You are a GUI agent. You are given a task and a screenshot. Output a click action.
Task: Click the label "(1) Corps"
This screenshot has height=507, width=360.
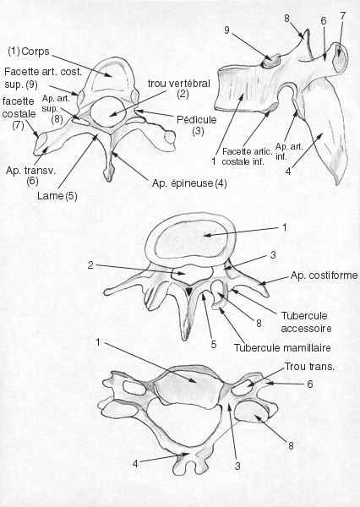click(29, 52)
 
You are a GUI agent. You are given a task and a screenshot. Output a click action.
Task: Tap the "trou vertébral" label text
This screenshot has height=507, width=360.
click(179, 84)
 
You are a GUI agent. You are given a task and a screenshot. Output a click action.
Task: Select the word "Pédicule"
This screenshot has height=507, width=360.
click(197, 120)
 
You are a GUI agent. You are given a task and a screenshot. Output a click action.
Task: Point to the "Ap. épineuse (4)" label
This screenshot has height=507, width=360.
click(189, 183)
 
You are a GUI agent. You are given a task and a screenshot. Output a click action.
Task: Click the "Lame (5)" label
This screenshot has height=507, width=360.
click(57, 196)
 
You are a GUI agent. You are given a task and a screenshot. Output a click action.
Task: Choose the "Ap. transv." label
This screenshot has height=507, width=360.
click(30, 171)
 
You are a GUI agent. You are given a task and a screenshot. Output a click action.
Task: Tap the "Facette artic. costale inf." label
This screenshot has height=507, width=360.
click(247, 156)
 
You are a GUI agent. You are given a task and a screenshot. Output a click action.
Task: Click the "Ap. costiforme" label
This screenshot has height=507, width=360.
click(325, 275)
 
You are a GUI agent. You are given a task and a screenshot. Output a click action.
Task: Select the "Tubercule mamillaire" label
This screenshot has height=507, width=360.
click(282, 348)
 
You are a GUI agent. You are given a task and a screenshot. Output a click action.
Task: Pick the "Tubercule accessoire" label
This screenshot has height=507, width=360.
click(306, 322)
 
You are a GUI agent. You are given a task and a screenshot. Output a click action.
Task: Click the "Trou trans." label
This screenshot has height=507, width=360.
click(309, 367)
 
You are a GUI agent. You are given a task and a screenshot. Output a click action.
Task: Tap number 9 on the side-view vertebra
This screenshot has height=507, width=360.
click(226, 30)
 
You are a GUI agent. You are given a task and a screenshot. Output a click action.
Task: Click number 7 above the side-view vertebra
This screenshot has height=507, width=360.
click(343, 15)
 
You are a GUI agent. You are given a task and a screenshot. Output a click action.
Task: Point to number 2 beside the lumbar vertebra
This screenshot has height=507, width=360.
click(90, 265)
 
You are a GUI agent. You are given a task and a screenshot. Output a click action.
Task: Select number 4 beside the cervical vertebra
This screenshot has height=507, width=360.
click(135, 464)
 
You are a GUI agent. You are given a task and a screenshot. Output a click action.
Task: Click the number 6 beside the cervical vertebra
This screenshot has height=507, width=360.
click(310, 384)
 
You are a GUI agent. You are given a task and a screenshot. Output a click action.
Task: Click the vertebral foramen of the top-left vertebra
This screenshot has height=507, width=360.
click(107, 112)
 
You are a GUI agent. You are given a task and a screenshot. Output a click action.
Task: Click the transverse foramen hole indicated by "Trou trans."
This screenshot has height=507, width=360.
click(243, 387)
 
